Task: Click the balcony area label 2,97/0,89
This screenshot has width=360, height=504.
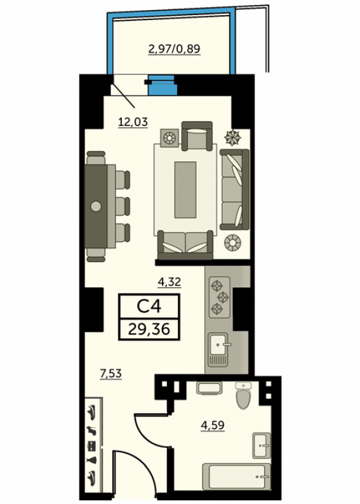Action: tap(174, 49)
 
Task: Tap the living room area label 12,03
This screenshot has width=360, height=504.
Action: tap(133, 122)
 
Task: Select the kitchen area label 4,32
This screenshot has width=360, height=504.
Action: tap(169, 282)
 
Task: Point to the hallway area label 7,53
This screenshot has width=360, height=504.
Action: tap(111, 374)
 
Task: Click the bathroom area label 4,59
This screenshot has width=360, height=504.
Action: tap(212, 425)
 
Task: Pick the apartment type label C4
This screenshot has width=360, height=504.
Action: tap(149, 306)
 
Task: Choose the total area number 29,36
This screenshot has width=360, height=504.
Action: tap(149, 329)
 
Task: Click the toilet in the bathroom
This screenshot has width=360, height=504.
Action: tap(243, 396)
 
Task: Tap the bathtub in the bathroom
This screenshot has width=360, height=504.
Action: tap(237, 476)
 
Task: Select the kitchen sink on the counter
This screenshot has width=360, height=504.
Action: tap(218, 350)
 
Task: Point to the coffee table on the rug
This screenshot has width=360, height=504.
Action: tap(185, 190)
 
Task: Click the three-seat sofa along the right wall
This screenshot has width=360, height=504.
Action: tap(234, 190)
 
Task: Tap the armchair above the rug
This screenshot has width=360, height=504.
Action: tap(197, 136)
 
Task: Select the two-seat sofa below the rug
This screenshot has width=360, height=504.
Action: tap(185, 245)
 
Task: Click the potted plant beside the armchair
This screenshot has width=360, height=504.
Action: tap(232, 137)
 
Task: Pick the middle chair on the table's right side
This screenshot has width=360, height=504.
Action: tap(122, 206)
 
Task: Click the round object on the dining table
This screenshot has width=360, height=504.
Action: tap(96, 206)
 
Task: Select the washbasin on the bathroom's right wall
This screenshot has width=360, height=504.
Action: tap(262, 445)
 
